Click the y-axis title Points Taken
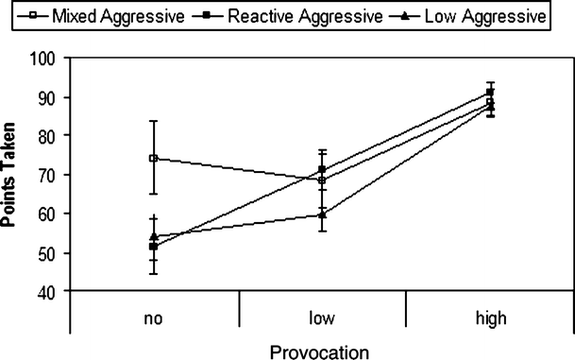point(12,175)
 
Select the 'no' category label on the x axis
point(154,318)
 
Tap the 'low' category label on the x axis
point(322,318)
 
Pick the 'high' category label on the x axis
point(489,318)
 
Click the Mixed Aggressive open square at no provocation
point(154,158)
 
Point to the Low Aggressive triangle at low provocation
point(322,214)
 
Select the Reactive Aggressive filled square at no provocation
point(154,247)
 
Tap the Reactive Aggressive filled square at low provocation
point(322,169)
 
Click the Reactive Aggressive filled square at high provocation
point(489,92)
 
